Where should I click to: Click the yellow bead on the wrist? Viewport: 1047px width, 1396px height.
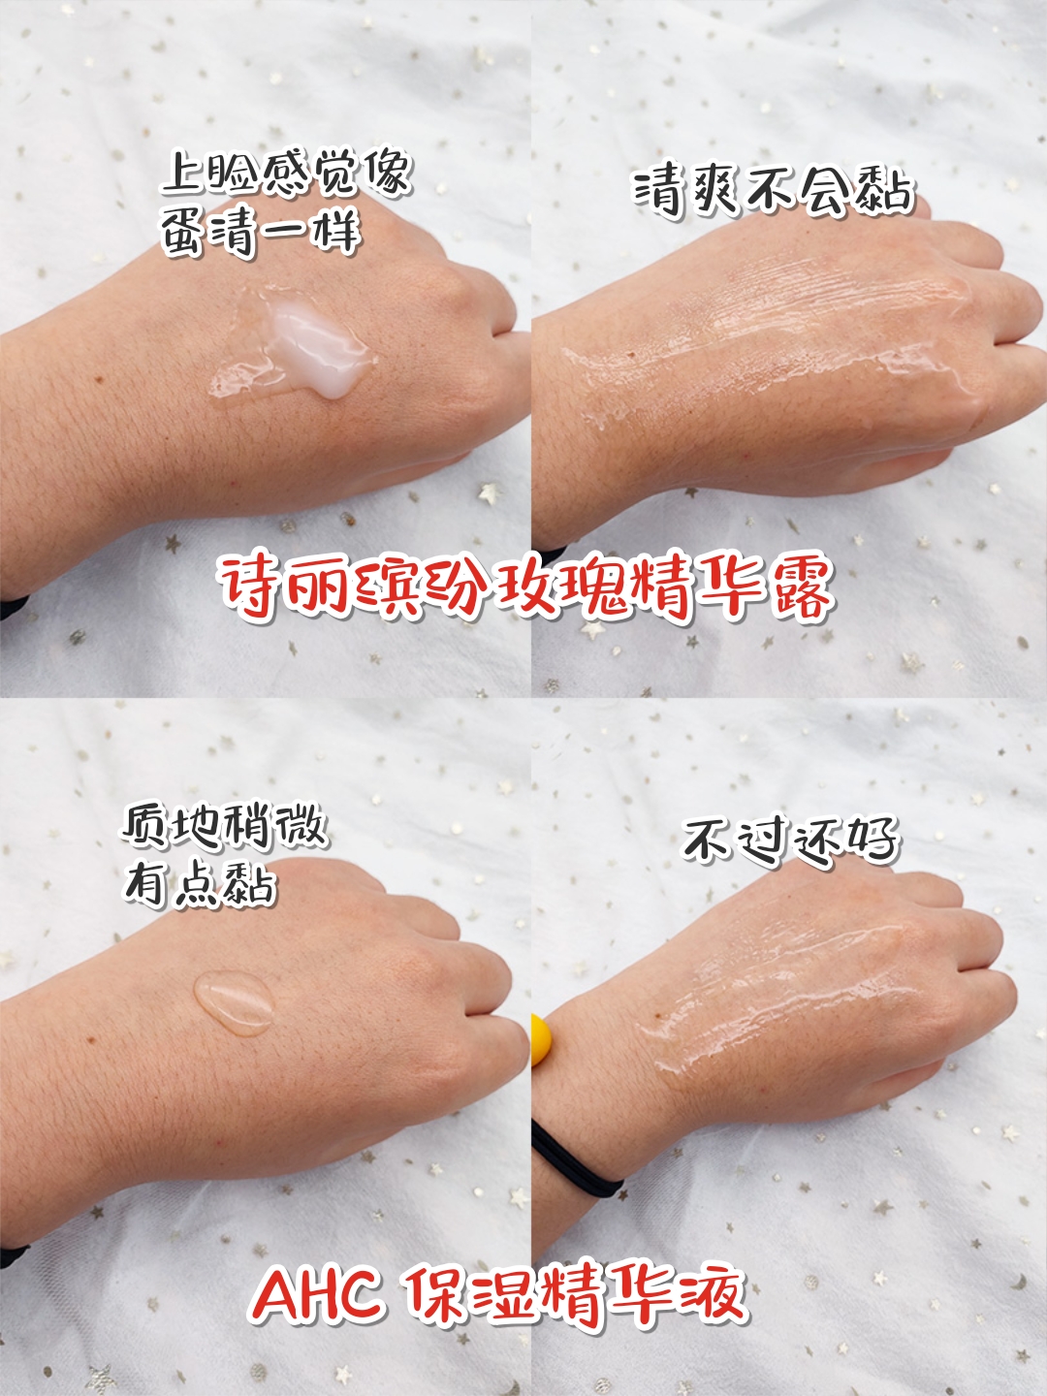(x=541, y=1039)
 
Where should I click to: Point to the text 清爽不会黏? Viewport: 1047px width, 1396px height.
(x=774, y=189)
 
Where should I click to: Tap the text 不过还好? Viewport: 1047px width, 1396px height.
(x=791, y=839)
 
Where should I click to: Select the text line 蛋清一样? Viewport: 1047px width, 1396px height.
(x=260, y=233)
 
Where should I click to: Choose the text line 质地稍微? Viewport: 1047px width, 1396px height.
(x=225, y=826)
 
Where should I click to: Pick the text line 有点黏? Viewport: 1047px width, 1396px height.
(x=201, y=884)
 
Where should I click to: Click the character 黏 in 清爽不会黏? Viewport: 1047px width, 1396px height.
(x=885, y=189)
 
